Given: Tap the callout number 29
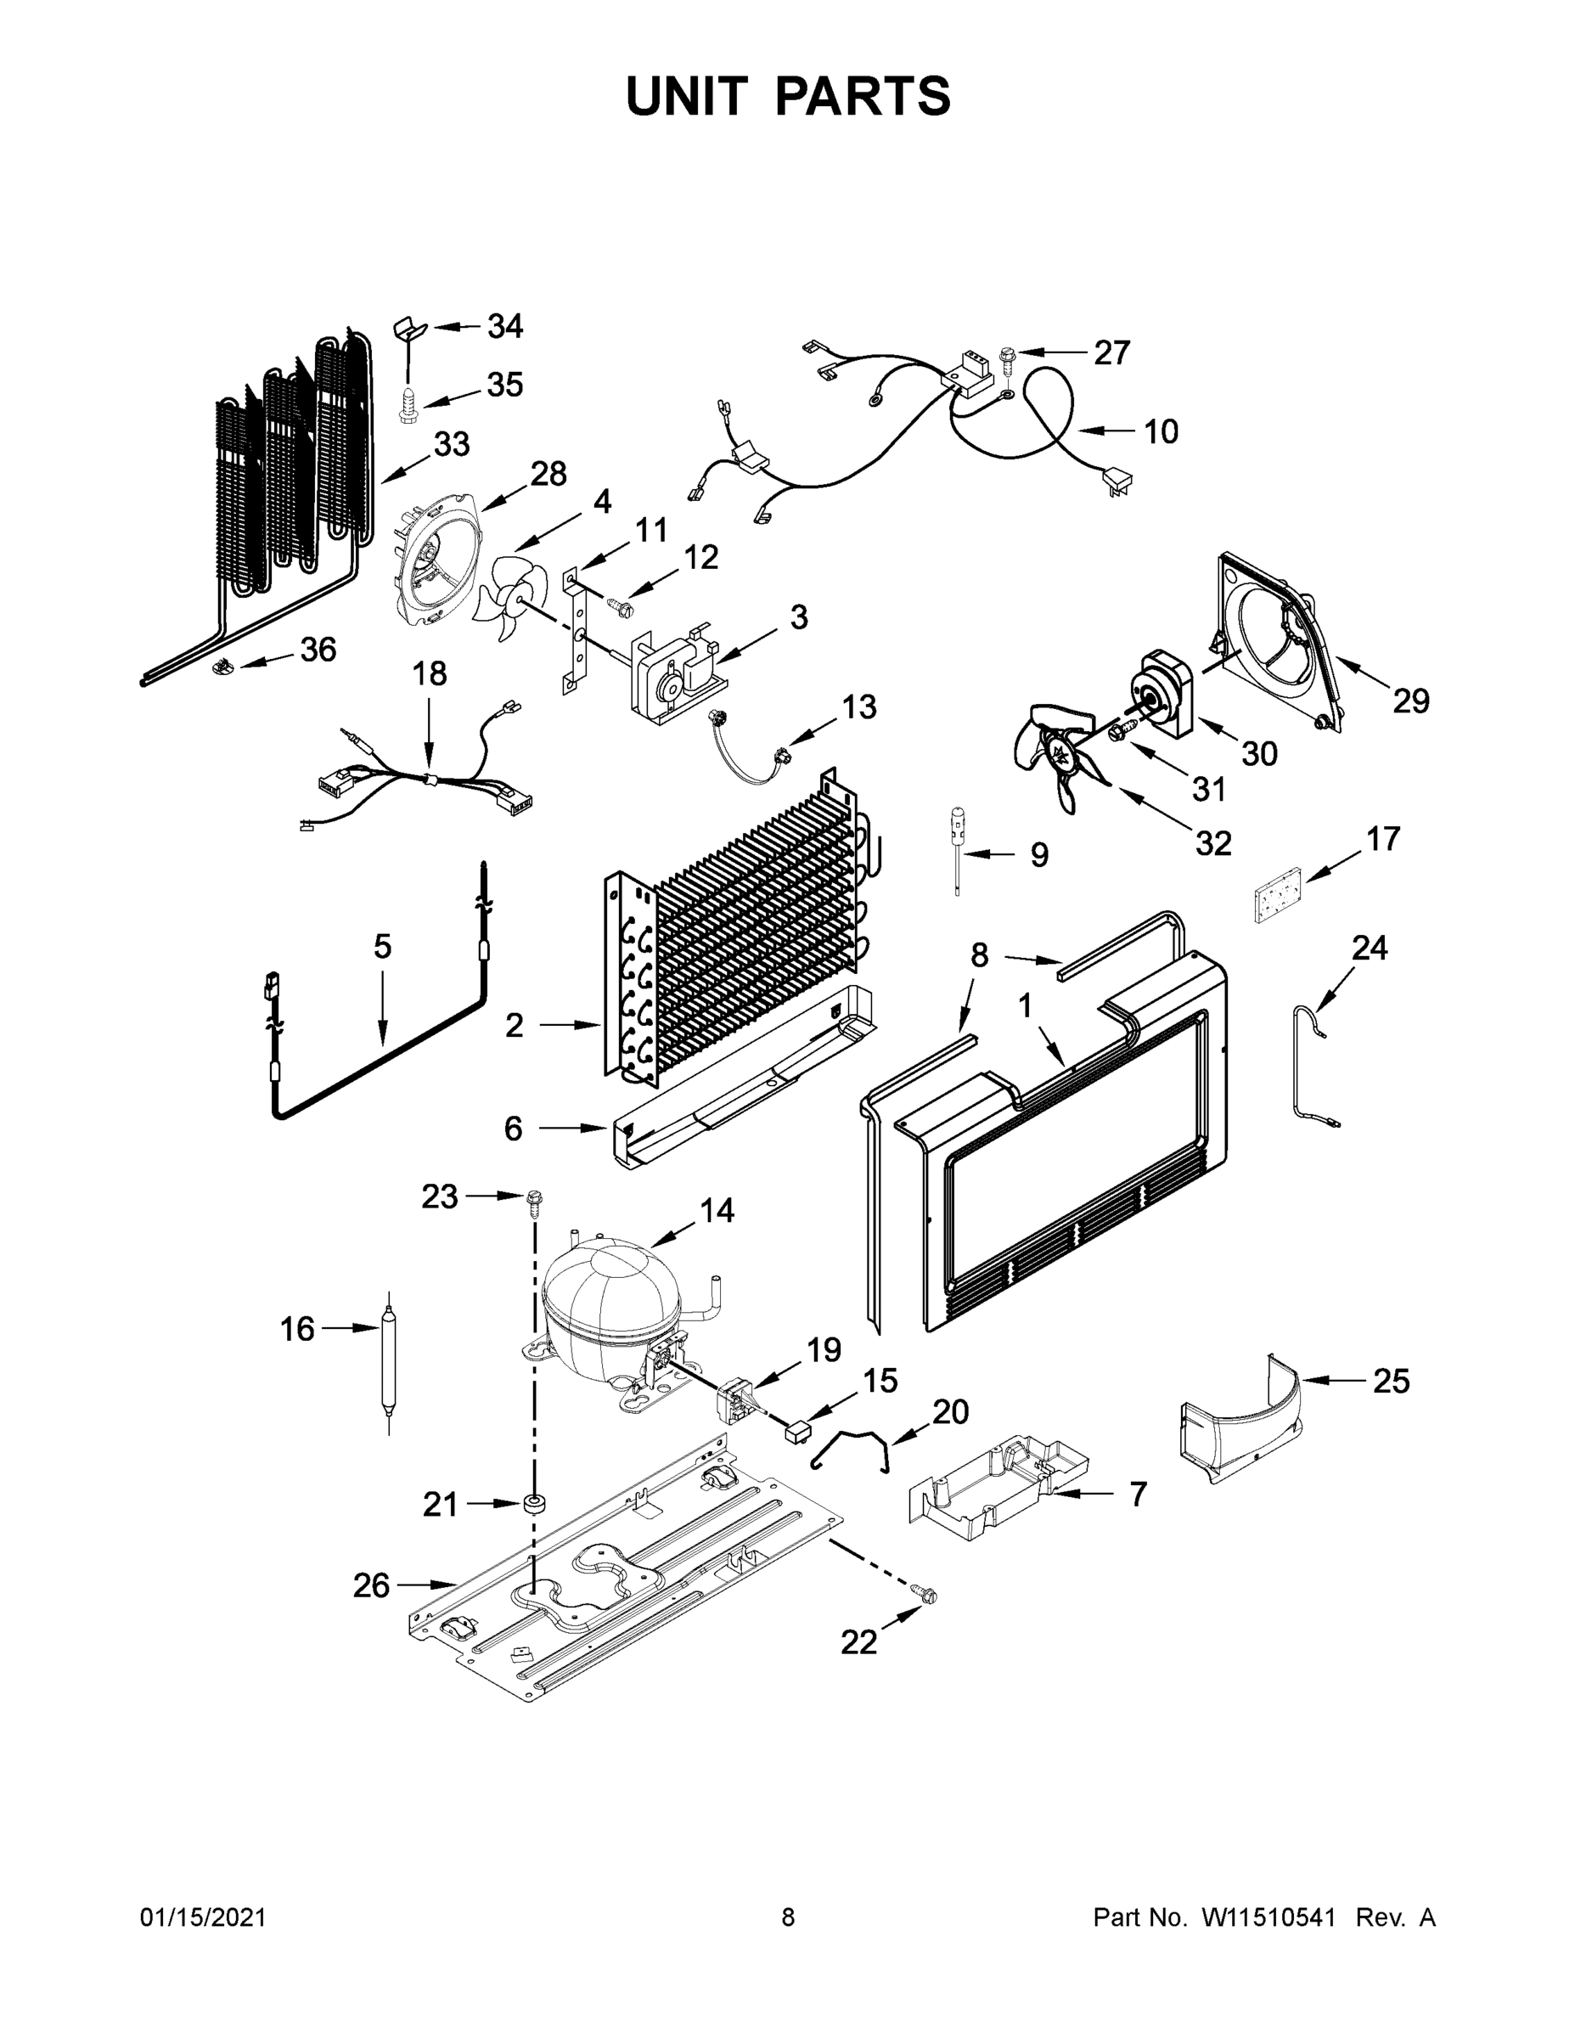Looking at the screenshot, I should tap(1411, 701).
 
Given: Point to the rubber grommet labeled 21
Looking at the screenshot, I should tap(535, 1503).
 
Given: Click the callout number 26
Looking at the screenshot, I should tap(370, 1585).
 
